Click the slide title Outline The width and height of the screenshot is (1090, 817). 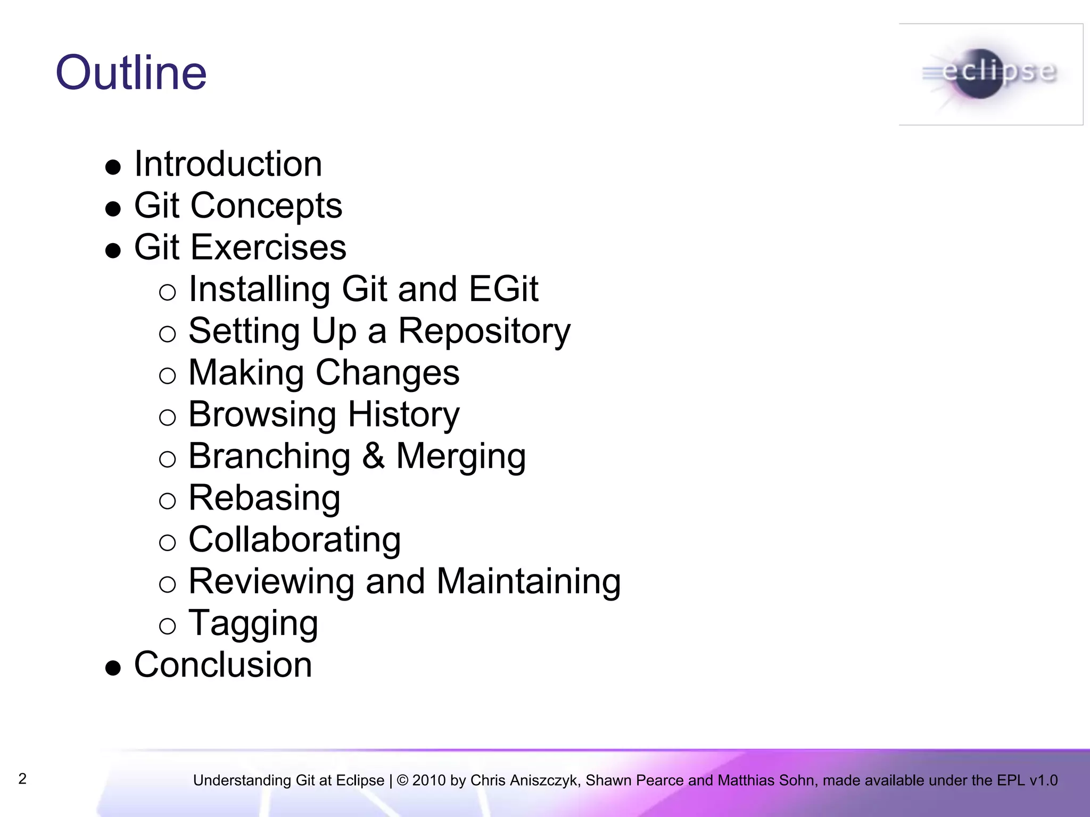[x=131, y=73]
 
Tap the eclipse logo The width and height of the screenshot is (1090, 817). [x=990, y=74]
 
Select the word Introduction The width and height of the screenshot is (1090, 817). [x=228, y=164]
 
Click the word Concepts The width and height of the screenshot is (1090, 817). [x=266, y=206]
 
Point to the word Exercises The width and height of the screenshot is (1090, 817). [x=268, y=247]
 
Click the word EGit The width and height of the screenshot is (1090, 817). [x=503, y=289]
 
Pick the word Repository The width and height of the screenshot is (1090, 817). [x=484, y=331]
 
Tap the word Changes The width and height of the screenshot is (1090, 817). [x=387, y=372]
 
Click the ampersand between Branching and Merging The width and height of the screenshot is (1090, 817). [x=373, y=456]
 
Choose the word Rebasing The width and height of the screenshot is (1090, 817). [x=265, y=498]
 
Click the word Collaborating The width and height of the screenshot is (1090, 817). [x=295, y=540]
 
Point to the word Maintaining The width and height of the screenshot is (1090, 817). [x=529, y=581]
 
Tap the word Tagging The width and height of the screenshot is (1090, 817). [x=253, y=624]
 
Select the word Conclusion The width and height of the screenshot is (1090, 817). [x=223, y=665]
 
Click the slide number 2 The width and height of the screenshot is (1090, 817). [x=22, y=779]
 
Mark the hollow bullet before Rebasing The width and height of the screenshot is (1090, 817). [x=167, y=501]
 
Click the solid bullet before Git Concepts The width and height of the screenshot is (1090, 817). [x=113, y=209]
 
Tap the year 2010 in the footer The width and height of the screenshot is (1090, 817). [x=429, y=780]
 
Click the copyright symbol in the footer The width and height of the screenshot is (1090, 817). [x=402, y=780]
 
